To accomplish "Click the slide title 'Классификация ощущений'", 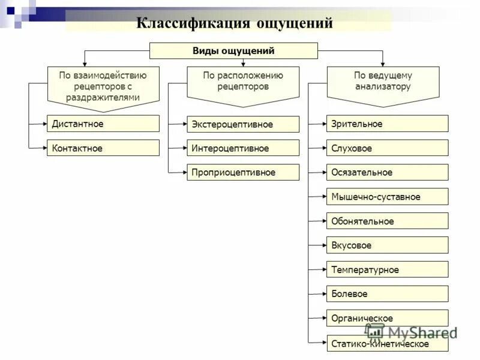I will click(235, 23).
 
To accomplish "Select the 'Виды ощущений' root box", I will click(233, 51).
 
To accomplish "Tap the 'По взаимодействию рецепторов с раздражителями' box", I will click(103, 86).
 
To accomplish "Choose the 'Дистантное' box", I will click(103, 124).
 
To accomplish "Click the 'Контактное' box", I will click(103, 148).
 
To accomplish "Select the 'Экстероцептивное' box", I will click(243, 124).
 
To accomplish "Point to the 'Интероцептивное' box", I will click(243, 148).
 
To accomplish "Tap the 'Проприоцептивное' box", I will click(243, 172).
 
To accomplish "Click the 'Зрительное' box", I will click(387, 124).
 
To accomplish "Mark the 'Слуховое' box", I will click(387, 148).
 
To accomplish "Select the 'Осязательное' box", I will click(387, 172).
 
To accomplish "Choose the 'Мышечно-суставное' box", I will click(387, 197).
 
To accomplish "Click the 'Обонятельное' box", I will click(387, 221).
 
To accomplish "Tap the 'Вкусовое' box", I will click(387, 245).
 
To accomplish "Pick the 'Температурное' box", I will click(387, 269).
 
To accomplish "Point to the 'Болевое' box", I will click(387, 294).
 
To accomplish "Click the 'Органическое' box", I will click(387, 318).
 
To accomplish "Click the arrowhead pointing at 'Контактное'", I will click(44, 148).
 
